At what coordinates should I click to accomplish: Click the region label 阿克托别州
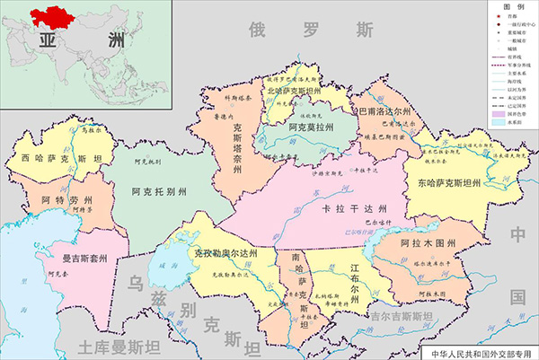159,191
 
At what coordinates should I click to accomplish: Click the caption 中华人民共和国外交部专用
482,352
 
